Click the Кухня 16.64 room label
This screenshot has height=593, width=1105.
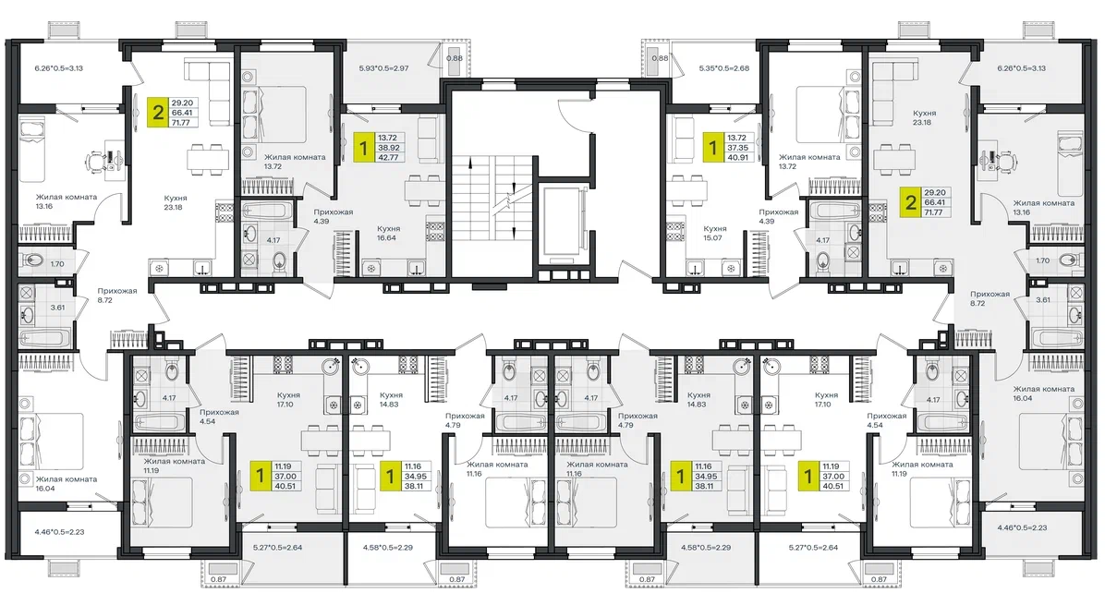(388, 233)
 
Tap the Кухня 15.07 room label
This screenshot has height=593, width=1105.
(714, 233)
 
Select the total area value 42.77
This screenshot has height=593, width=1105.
(388, 158)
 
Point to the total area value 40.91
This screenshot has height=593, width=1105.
(737, 158)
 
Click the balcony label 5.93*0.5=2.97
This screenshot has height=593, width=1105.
(383, 68)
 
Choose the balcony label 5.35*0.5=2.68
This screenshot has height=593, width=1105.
(723, 68)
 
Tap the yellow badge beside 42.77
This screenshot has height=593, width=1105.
(364, 148)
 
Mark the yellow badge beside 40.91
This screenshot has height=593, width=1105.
(712, 148)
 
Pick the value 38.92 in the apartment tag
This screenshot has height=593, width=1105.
(388, 148)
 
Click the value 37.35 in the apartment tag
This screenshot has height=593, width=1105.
(737, 148)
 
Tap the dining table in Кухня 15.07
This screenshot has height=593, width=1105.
(690, 191)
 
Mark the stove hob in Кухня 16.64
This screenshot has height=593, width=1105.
(435, 232)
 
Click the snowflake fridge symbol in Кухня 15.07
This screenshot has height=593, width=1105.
(731, 268)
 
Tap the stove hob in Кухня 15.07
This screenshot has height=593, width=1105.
(674, 232)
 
